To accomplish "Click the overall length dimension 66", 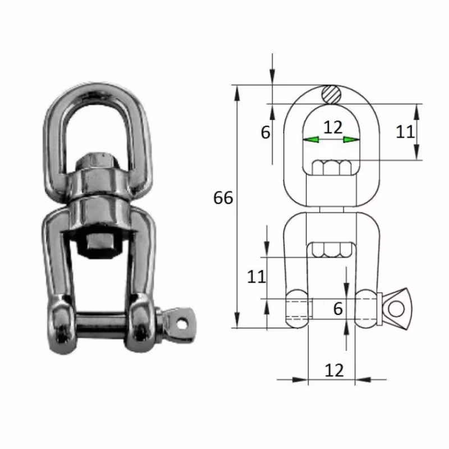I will click(x=223, y=198).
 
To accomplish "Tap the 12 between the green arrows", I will click(x=332, y=127).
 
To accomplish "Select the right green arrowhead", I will click(x=352, y=139).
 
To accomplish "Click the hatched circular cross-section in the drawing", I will click(x=332, y=94).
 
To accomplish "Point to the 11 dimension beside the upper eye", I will click(x=405, y=131).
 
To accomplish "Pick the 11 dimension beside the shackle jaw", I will click(x=256, y=277).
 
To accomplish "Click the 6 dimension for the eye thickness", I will click(x=265, y=132).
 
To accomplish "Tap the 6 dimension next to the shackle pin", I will click(x=337, y=308).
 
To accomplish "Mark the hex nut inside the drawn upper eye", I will click(x=332, y=167).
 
